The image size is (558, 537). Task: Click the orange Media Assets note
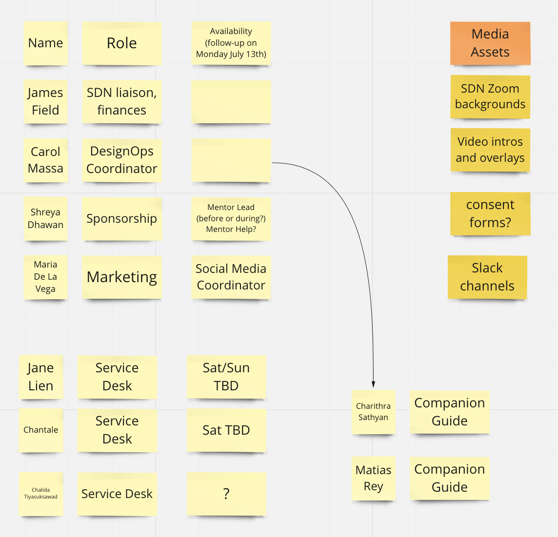point(490,43)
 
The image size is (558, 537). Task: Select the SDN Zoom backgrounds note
point(490,96)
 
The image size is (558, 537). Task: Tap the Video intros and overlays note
point(490,150)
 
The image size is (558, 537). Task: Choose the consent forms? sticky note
point(490,213)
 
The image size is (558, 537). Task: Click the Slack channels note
point(487,277)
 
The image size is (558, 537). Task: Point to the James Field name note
point(45,101)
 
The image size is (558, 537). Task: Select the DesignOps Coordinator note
point(121,160)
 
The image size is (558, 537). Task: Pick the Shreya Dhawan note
point(45,218)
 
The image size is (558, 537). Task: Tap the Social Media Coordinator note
point(231,277)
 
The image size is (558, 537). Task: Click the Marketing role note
point(121,277)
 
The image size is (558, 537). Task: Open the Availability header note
point(231,43)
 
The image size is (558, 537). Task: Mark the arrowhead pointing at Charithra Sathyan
point(373,385)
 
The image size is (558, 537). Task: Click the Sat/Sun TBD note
point(226,377)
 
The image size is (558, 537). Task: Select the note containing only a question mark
point(226,494)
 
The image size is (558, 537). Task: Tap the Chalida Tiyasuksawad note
point(41,494)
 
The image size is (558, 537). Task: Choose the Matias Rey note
point(373,478)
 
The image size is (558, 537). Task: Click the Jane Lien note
point(41,377)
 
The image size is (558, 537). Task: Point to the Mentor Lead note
point(231,218)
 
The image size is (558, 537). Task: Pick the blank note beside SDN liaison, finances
point(231,101)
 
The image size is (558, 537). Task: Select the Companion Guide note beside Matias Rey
point(449,478)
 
